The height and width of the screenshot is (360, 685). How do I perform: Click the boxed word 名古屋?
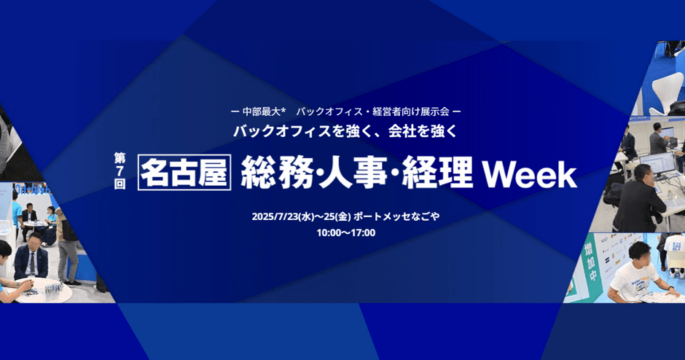click(x=184, y=172)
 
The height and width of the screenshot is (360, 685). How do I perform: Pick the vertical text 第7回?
click(x=120, y=171)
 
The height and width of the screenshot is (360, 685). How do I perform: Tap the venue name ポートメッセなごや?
click(x=396, y=216)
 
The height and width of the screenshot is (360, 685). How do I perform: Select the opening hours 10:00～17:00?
click(x=346, y=233)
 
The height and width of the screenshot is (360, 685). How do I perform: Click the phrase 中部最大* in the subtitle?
click(x=263, y=111)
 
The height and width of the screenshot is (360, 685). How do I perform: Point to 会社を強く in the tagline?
click(x=423, y=131)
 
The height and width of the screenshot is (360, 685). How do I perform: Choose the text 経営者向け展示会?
click(x=411, y=111)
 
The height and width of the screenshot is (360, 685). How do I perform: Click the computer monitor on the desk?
click(x=657, y=163)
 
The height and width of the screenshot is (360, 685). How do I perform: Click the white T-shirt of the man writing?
click(x=633, y=280)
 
